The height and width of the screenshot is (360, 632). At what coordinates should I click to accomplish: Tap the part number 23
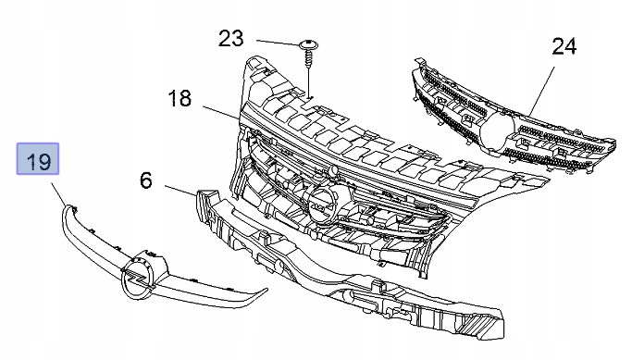tap(231, 39)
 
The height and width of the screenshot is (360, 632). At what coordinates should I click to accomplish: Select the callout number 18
tap(180, 98)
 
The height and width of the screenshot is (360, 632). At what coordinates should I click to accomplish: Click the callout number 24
tap(564, 46)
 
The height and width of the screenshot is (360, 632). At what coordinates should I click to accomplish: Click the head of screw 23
tap(309, 43)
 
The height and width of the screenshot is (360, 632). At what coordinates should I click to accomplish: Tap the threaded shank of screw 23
tap(308, 57)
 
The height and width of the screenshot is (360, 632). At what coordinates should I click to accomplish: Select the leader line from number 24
tap(542, 91)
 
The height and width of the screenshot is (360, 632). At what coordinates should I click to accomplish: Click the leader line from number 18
tap(222, 113)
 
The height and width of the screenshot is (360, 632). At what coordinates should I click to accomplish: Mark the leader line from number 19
tap(58, 194)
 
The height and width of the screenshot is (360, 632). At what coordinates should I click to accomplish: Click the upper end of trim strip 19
tap(68, 210)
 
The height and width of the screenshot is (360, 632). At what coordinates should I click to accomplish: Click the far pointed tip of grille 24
tap(612, 143)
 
